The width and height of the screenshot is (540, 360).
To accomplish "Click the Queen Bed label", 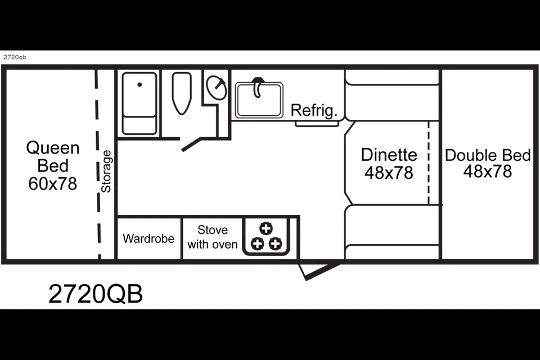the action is [53, 157].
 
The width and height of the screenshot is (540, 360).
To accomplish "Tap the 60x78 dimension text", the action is [53, 183].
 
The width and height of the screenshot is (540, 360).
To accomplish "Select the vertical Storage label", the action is [106, 171].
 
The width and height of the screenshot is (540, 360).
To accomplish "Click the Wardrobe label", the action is [148, 238].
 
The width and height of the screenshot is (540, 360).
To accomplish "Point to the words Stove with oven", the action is [213, 237].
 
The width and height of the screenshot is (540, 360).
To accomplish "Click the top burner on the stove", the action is [266, 228].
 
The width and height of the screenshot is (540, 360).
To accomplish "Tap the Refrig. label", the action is [314, 110].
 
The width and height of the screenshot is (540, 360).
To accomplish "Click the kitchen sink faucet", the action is [257, 87].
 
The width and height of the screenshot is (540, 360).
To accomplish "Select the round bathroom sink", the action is [216, 88].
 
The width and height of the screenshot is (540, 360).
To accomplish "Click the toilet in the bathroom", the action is [182, 93].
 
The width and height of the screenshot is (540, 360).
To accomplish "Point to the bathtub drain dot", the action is [139, 84].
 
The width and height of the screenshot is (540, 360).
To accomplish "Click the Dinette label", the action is [389, 155].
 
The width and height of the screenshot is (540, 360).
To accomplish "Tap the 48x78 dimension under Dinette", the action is [389, 173].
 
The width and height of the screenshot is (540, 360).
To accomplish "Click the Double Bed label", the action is [488, 155].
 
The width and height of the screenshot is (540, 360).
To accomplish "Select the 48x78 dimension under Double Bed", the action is [488, 171].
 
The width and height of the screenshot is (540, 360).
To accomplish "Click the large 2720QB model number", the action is [96, 294].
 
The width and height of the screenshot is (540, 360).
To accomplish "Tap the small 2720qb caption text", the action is [15, 57].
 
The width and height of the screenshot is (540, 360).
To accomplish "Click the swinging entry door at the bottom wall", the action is [319, 272].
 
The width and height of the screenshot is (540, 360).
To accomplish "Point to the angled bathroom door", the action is [191, 145].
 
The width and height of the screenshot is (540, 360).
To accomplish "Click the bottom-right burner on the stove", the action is [275, 244].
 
